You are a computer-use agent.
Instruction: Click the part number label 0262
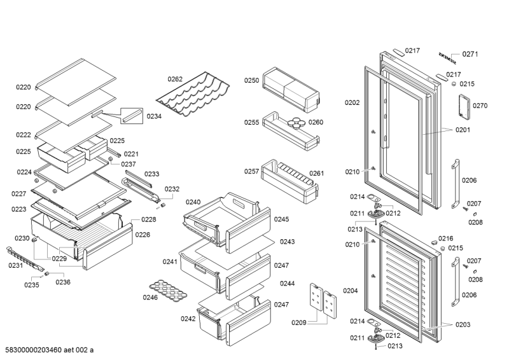[x=175, y=80]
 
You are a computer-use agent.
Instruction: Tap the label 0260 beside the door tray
[x=316, y=122]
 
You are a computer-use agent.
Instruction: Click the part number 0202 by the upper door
[x=352, y=102]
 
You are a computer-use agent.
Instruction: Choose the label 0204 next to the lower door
[x=351, y=291]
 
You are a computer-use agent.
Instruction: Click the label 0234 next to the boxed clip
[x=154, y=116]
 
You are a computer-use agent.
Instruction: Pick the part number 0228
[x=148, y=219]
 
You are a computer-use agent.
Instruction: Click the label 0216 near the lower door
[x=445, y=238]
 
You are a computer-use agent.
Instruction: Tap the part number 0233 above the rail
[x=151, y=174]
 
